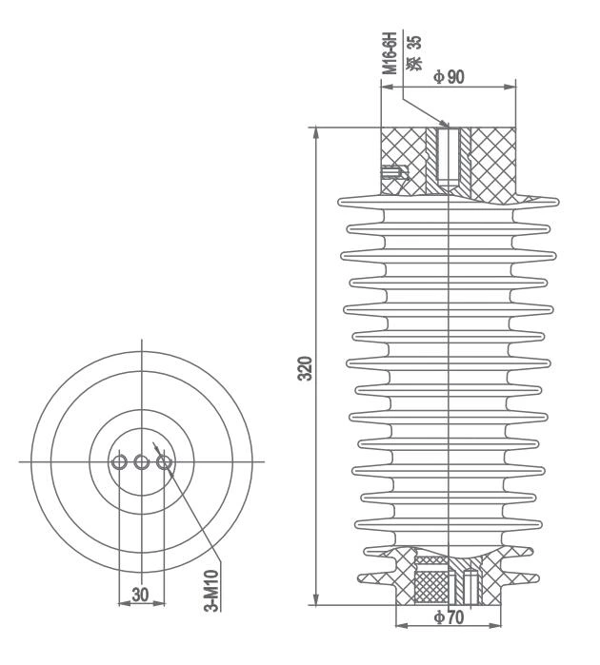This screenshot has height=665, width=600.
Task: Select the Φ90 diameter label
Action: pos(449,77)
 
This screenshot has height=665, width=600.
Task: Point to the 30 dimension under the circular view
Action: pos(140,595)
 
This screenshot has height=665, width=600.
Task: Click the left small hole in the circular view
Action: pos(118,462)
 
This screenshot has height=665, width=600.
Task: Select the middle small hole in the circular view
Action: pos(141,462)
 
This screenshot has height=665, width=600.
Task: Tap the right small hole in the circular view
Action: pos(164,462)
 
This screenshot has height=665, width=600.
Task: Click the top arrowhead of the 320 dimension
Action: pos(316,133)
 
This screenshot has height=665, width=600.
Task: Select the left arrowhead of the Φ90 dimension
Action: pos(386,88)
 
